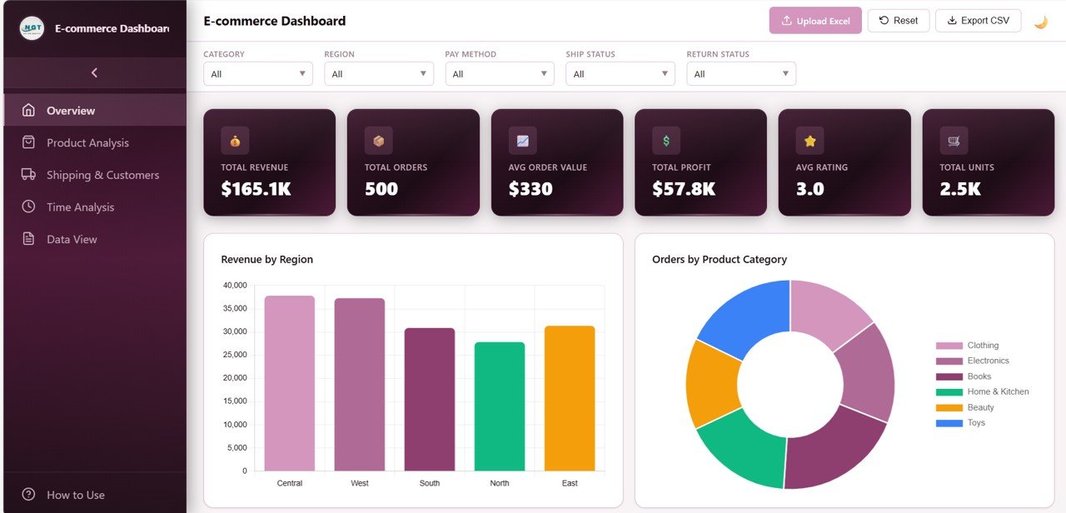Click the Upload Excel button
pyautogui.click(x=815, y=21)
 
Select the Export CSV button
pyautogui.click(x=978, y=21)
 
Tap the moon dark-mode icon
pyautogui.click(x=1040, y=22)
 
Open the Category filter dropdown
pyautogui.click(x=257, y=74)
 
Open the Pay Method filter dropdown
pyautogui.click(x=499, y=74)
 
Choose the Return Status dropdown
pyautogui.click(x=740, y=74)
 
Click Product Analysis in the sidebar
pyautogui.click(x=87, y=143)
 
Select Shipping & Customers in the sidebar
pyautogui.click(x=102, y=175)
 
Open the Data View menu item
pyautogui.click(x=72, y=239)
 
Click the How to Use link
pyautogui.click(x=75, y=495)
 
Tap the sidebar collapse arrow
pyautogui.click(x=94, y=72)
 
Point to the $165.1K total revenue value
pyautogui.click(x=256, y=189)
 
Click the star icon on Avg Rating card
pyautogui.click(x=809, y=141)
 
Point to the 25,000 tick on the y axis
pyautogui.click(x=234, y=355)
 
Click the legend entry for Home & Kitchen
pyautogui.click(x=998, y=391)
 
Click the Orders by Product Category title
pyautogui.click(x=719, y=260)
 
